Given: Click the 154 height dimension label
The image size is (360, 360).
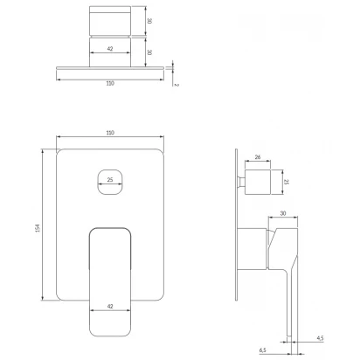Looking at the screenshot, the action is pos(38,228).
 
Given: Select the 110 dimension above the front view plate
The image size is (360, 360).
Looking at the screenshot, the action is pos(110,133).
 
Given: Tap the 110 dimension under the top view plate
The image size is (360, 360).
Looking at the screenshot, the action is pos(110,83).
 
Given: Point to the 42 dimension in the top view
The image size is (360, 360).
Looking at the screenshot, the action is pos(110,49).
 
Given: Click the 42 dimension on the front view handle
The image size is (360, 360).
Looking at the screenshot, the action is pos(110,306).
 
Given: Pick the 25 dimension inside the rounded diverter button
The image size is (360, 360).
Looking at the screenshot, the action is pos(110,180).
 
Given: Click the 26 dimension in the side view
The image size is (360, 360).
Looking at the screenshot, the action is pos(258,157).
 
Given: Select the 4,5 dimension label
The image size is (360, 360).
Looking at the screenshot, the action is pos(320,338).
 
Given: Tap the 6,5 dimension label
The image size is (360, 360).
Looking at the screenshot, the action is pos(262,350).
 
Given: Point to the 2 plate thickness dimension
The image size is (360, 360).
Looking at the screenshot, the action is pos(176,85).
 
